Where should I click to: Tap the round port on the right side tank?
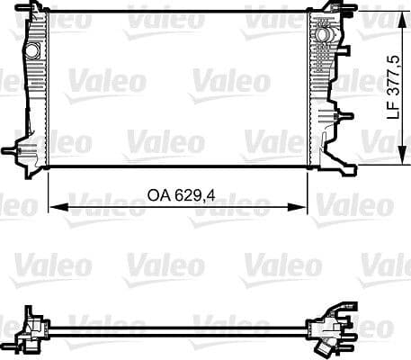pyautogui.click(x=320, y=35)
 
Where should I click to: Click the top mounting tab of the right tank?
pyautogui.click(x=319, y=12)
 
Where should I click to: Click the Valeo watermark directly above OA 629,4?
pyautogui.click(x=151, y=140)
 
